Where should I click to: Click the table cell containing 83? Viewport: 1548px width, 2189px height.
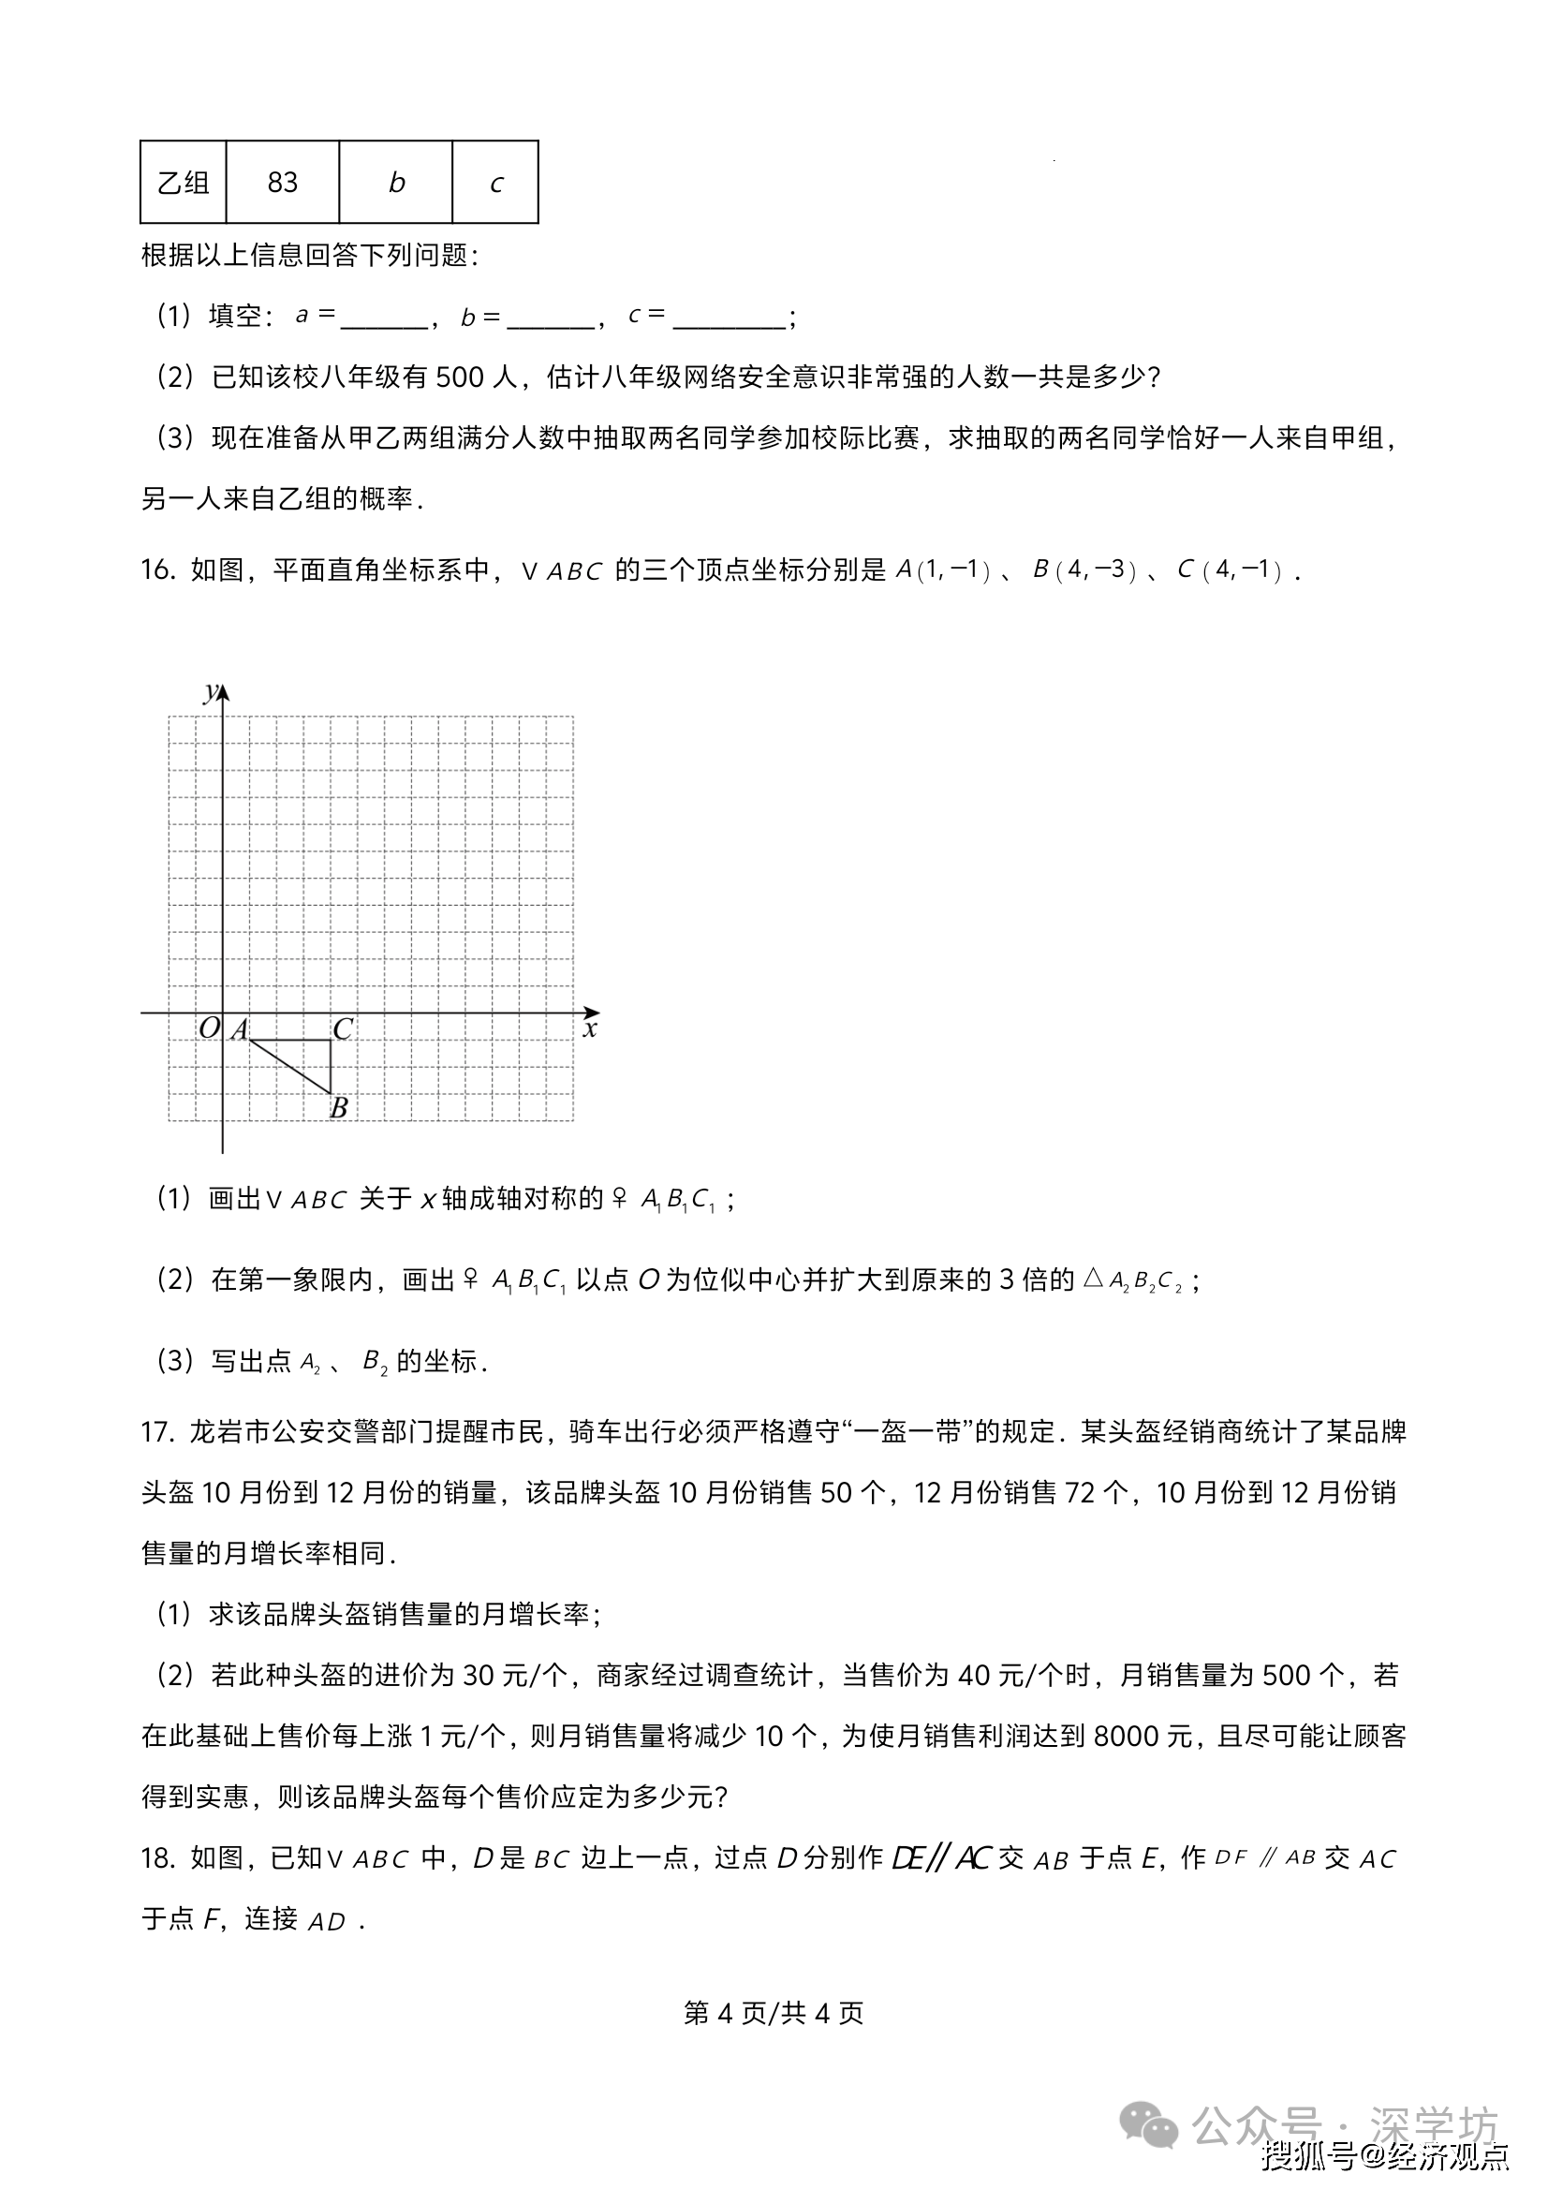click(x=282, y=182)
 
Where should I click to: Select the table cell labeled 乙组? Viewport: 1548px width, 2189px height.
click(x=183, y=182)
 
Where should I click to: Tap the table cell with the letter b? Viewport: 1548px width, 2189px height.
click(x=395, y=182)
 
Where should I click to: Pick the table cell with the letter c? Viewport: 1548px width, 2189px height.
click(x=495, y=182)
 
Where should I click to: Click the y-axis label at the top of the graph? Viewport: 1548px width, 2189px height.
click(x=211, y=690)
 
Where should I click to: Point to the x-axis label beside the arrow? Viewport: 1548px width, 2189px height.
click(x=590, y=1029)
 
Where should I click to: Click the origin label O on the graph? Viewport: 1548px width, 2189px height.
click(x=209, y=1028)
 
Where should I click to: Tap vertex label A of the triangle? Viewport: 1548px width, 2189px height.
click(x=239, y=1028)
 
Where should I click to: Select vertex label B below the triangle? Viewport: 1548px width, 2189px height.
click(x=338, y=1107)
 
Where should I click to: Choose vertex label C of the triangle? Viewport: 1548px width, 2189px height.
click(x=342, y=1028)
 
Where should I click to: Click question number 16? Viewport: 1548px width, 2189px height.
click(x=157, y=570)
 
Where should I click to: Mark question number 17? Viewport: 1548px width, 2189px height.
click(x=157, y=1432)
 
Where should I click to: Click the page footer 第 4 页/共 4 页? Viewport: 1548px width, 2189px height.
click(x=773, y=2012)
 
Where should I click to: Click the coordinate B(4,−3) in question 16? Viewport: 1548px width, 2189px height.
click(x=1085, y=570)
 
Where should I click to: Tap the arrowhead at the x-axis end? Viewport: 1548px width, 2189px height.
click(x=593, y=1012)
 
